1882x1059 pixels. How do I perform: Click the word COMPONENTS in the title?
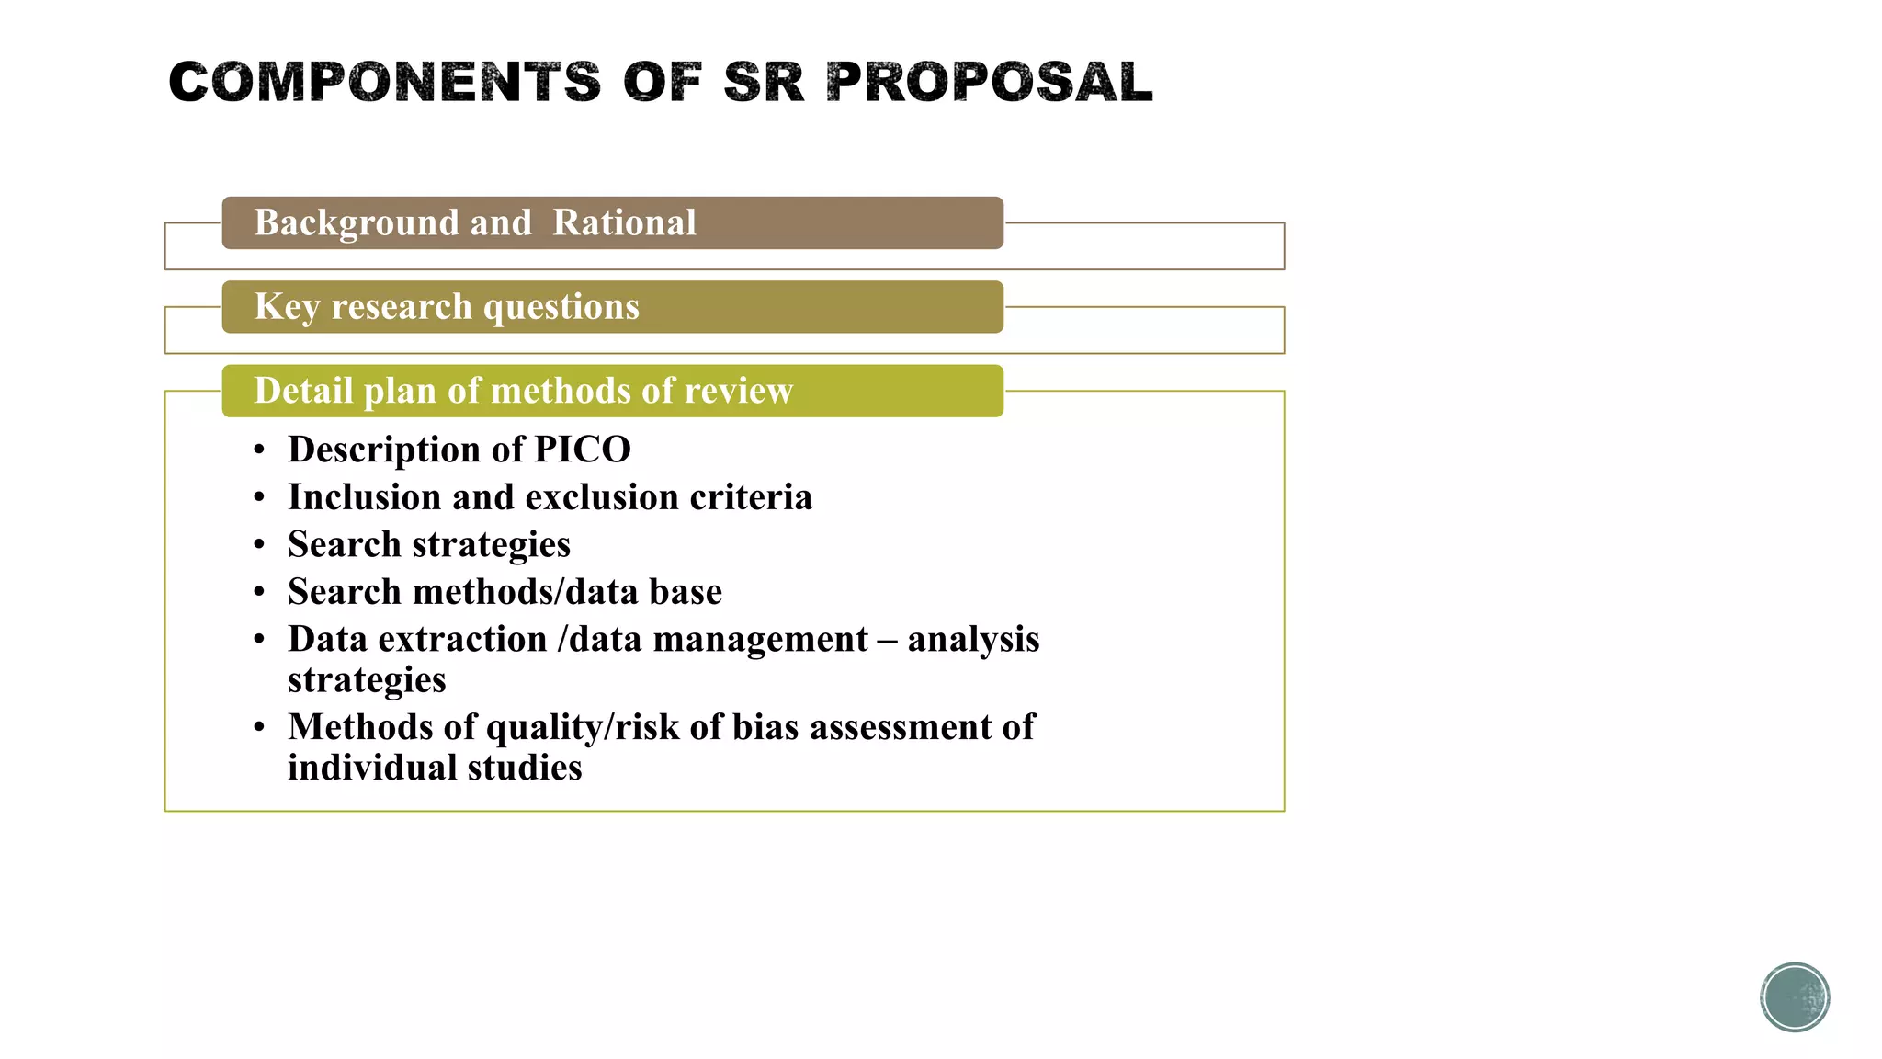click(x=384, y=82)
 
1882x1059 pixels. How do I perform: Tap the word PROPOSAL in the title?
click(x=989, y=82)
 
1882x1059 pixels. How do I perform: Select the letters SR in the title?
click(x=763, y=82)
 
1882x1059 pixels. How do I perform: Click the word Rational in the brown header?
click(x=624, y=222)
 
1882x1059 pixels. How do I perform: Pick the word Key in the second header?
click(x=287, y=307)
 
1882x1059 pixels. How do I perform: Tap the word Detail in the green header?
click(x=303, y=391)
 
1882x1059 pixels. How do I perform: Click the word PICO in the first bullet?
click(x=583, y=450)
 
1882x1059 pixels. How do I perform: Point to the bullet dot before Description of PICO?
click(x=260, y=450)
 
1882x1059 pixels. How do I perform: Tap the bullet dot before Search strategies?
click(x=260, y=545)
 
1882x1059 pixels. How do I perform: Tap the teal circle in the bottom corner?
click(x=1795, y=996)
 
